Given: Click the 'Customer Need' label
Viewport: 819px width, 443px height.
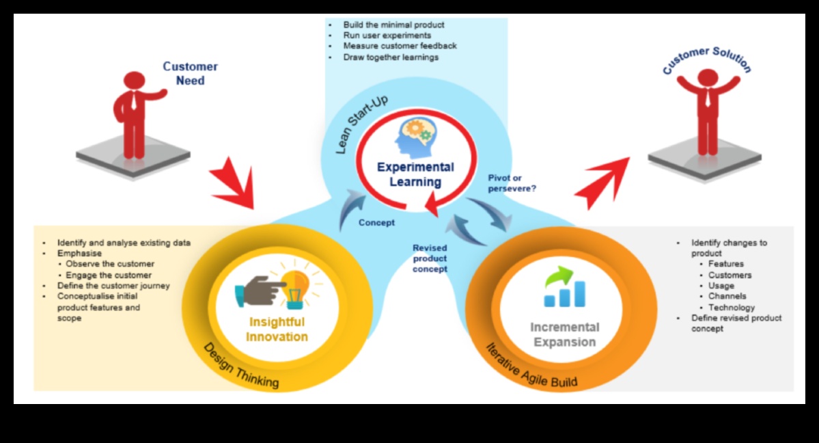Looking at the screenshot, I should point(190,73).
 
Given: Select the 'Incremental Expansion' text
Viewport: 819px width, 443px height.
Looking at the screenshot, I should point(564,334).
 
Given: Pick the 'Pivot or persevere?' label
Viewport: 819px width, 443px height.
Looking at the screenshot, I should point(512,183).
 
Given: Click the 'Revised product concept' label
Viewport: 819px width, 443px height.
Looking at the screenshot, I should point(430,258).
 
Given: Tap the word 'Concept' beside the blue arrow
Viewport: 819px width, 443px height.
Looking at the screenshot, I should point(376,222).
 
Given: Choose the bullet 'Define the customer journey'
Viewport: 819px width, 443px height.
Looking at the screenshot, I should point(113,286).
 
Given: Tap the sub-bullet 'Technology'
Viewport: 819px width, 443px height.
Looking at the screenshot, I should point(732,308).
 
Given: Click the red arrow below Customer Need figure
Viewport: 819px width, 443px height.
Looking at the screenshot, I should point(232,184).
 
